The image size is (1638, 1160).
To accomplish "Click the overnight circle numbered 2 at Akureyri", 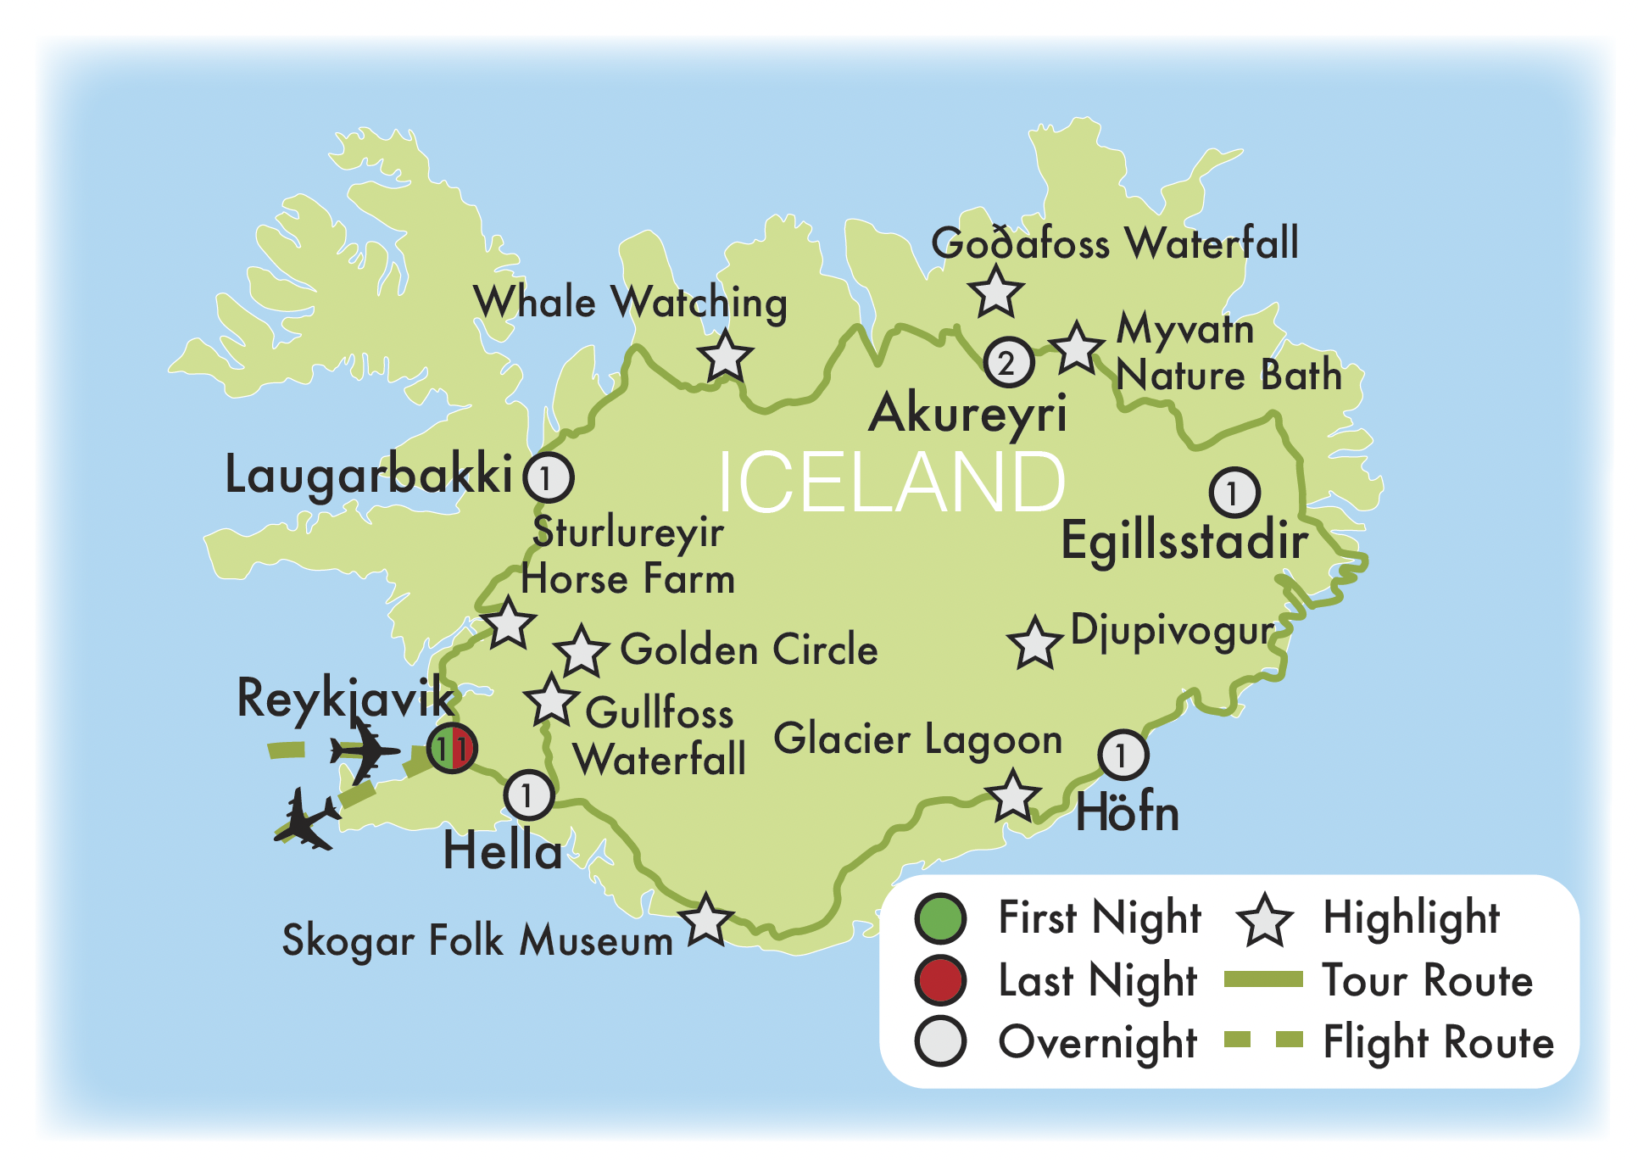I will tap(1008, 363).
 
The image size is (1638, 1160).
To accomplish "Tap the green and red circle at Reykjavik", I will tap(452, 749).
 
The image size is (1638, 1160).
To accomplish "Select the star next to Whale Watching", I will tap(726, 357).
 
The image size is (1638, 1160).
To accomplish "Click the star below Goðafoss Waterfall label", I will tap(996, 293).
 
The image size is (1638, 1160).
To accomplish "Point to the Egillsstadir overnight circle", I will tap(1234, 493).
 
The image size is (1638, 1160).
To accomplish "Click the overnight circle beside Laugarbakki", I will tap(548, 478).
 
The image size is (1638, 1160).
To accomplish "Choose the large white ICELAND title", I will tap(890, 482).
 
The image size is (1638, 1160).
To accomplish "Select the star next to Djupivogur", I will tap(1034, 644).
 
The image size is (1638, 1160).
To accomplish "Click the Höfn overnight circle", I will tap(1123, 755).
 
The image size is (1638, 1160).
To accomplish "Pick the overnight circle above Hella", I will tap(528, 795).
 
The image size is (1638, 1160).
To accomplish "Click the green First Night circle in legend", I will tap(940, 918).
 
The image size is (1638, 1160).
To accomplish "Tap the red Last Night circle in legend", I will tap(940, 980).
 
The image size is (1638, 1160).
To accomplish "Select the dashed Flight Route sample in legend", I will tap(1263, 1040).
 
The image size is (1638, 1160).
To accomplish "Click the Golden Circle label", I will tap(749, 650).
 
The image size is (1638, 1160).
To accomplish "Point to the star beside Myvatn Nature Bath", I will tap(1076, 349).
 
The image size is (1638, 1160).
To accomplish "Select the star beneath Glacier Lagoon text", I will tap(1012, 797).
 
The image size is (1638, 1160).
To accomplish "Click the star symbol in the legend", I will tap(1264, 921).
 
